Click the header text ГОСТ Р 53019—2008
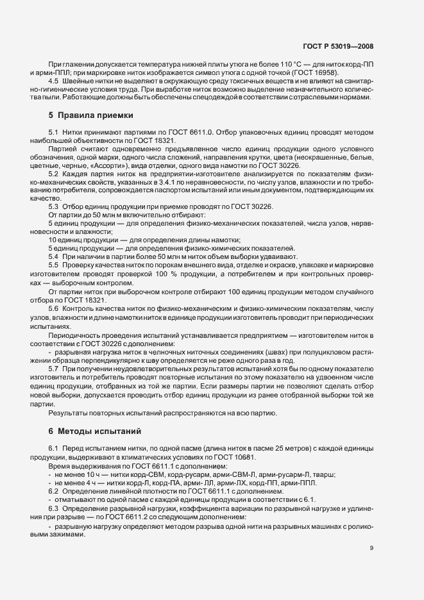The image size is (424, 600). pyautogui.click(x=337, y=46)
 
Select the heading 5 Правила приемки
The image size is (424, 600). pyautogui.click(x=91, y=116)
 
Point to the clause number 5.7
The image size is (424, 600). pyautogui.click(x=54, y=370)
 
